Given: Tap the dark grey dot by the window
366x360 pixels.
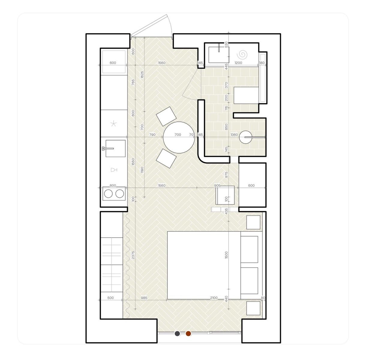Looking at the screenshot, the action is pos(177,333).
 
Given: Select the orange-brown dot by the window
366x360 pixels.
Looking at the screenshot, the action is pos(188,333).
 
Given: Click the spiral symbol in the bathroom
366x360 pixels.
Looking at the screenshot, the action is pos(242,55).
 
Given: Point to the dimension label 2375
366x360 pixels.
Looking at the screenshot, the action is pos(133,255).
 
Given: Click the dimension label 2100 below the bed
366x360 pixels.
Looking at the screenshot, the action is pos(214,298).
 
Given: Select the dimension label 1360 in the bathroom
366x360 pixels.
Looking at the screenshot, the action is pos(234,134).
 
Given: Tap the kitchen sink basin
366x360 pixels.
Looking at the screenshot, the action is pos(115,148).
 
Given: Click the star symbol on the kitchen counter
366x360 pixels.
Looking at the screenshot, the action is pos(114,124).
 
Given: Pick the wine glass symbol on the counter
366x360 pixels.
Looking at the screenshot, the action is pos(114,169).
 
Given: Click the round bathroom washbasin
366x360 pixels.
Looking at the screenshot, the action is pos(245,137).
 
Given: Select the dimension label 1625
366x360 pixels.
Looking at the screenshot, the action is pos(142,74).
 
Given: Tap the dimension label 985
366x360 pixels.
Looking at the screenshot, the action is pos(144,298).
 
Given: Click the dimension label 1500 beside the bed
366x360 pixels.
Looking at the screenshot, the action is pos(226,255).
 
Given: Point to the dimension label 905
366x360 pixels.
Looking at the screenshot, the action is pos(217,185).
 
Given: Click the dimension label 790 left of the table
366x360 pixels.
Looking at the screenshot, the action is pos(152,134).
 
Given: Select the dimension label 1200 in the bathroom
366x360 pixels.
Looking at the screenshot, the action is pos(238,63).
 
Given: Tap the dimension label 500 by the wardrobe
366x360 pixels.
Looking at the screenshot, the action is pos(110,298).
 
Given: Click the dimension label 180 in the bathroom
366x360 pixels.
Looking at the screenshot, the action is pos(262,63).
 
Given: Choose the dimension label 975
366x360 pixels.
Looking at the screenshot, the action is pos(226,175).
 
